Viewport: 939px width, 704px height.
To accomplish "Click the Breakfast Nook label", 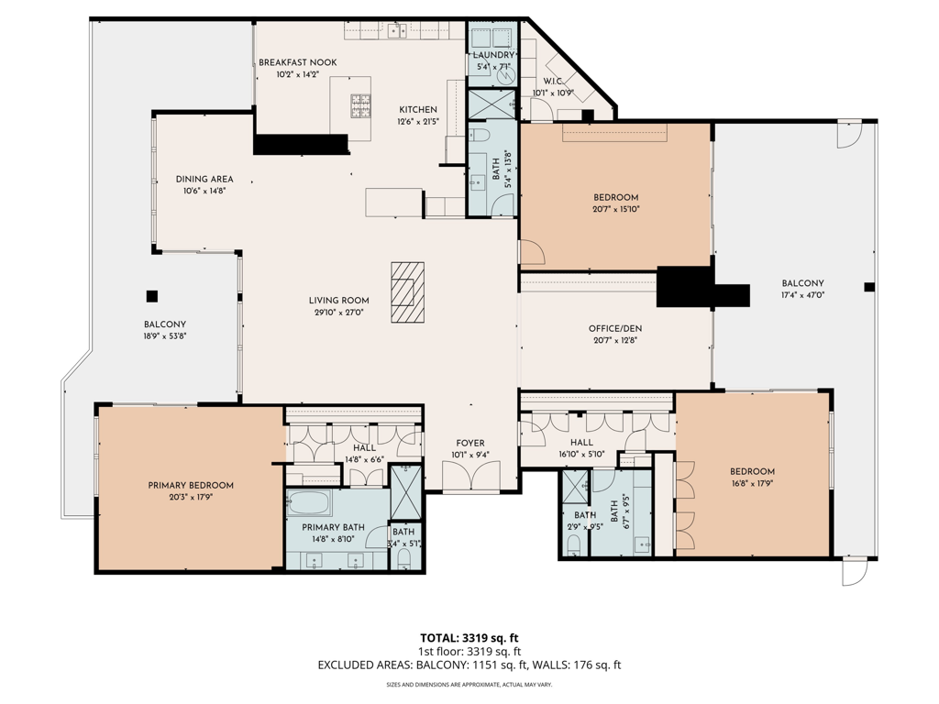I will pyautogui.click(x=297, y=62).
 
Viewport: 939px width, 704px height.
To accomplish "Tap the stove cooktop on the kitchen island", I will pyautogui.click(x=359, y=106).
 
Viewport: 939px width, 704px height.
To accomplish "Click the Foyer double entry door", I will pyautogui.click(x=471, y=476).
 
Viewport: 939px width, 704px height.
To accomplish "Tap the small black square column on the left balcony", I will pyautogui.click(x=152, y=295).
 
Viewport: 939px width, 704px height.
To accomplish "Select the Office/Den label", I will pyautogui.click(x=615, y=328).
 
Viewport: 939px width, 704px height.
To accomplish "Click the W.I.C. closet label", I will pyautogui.click(x=552, y=80).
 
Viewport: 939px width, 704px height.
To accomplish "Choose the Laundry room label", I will pyautogui.click(x=494, y=55).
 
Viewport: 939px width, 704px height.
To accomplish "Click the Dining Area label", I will pyautogui.click(x=204, y=179).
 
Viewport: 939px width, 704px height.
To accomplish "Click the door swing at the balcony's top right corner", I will pyautogui.click(x=849, y=136).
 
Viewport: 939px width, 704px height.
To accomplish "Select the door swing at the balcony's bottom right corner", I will pyautogui.click(x=853, y=572).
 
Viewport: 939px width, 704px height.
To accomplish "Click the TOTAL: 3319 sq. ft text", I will pyautogui.click(x=469, y=637).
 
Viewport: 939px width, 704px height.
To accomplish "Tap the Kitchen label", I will pyautogui.click(x=417, y=109).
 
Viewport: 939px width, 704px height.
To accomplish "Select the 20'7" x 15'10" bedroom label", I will pyautogui.click(x=615, y=209).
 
